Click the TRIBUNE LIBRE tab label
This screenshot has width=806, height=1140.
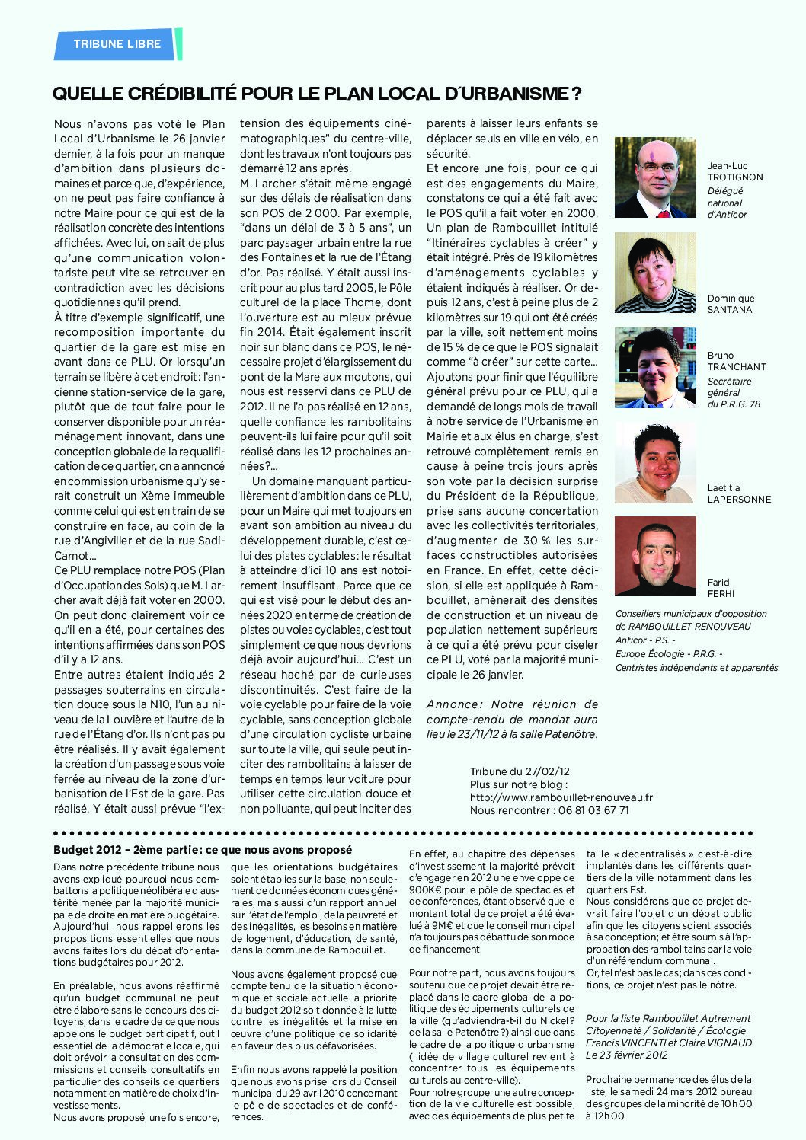117,44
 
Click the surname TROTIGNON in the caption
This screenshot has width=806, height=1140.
734,177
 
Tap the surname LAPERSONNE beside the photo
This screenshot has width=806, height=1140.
739,500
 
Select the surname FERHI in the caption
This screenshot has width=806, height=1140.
720,594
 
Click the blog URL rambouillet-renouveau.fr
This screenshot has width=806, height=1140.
561,797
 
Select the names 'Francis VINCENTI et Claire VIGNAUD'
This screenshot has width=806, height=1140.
668,1043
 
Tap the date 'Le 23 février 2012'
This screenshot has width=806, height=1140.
627,1055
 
